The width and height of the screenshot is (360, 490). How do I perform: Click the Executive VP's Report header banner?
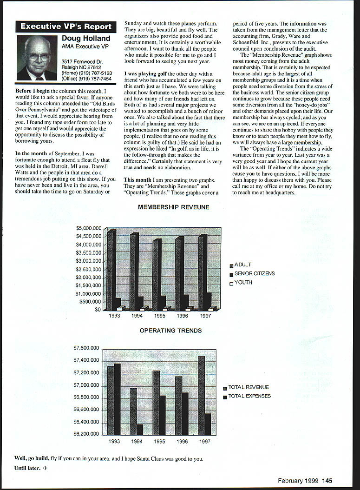65,26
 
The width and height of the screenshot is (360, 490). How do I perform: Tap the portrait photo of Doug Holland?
37,58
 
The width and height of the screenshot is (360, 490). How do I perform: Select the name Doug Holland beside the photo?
86,39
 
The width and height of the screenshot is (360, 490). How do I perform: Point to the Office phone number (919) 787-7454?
87,79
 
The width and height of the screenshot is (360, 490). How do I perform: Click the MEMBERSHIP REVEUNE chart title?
174,207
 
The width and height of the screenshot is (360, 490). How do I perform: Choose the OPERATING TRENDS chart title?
171,331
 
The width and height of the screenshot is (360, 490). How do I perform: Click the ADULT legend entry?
242,265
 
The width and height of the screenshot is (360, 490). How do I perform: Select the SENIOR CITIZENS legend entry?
254,274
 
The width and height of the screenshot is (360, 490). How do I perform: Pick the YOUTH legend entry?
243,283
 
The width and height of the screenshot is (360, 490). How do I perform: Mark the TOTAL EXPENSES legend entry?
249,396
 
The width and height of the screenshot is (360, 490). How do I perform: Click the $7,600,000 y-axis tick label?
86,348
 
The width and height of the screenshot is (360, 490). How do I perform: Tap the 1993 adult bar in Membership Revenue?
111,270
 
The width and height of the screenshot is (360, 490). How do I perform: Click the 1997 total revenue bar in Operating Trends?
201,395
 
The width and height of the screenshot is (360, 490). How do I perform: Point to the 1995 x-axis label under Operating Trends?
159,441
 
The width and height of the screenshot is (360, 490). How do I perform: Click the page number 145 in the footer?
327,481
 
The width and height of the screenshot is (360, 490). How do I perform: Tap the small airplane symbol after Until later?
46,468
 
